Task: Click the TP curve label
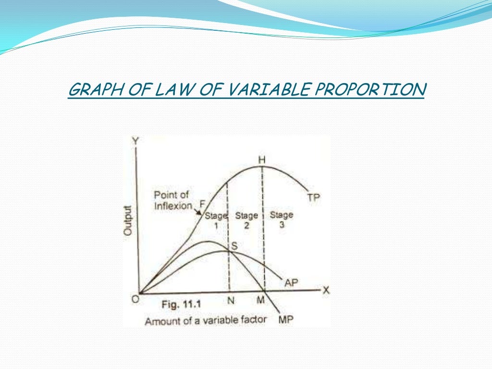[314, 197]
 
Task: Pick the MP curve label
[285, 320]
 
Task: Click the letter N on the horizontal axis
[230, 301]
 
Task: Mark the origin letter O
[135, 299]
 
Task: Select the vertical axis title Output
[128, 220]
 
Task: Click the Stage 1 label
[216, 220]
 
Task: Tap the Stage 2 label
[246, 220]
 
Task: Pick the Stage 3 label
[282, 220]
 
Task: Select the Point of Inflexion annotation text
[172, 200]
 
